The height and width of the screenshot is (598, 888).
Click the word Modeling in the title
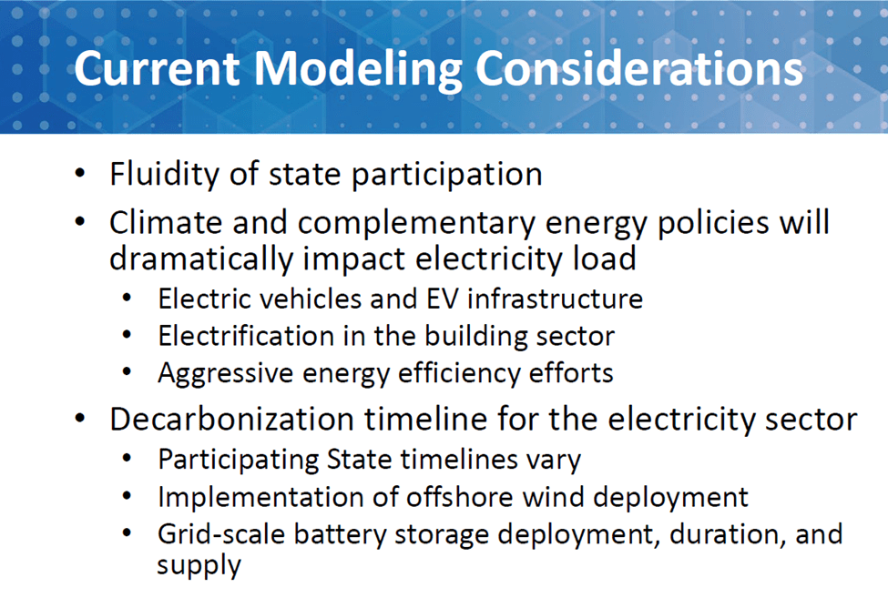click(358, 70)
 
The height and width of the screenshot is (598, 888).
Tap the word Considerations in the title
click(639, 68)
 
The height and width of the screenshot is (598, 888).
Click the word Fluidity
click(164, 174)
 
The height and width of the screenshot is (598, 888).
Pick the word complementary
click(416, 224)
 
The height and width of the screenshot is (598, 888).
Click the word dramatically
click(201, 260)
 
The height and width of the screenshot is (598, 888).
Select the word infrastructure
click(555, 299)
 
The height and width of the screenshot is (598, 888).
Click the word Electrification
click(246, 336)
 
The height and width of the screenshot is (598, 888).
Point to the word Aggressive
click(225, 374)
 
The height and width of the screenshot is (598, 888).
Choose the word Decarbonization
click(231, 420)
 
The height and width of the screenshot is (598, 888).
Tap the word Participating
click(238, 460)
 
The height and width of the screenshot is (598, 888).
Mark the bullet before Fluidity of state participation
click(80, 173)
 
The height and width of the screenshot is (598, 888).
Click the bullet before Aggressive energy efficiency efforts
click(127, 372)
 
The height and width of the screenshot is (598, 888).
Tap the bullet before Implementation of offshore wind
click(127, 496)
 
